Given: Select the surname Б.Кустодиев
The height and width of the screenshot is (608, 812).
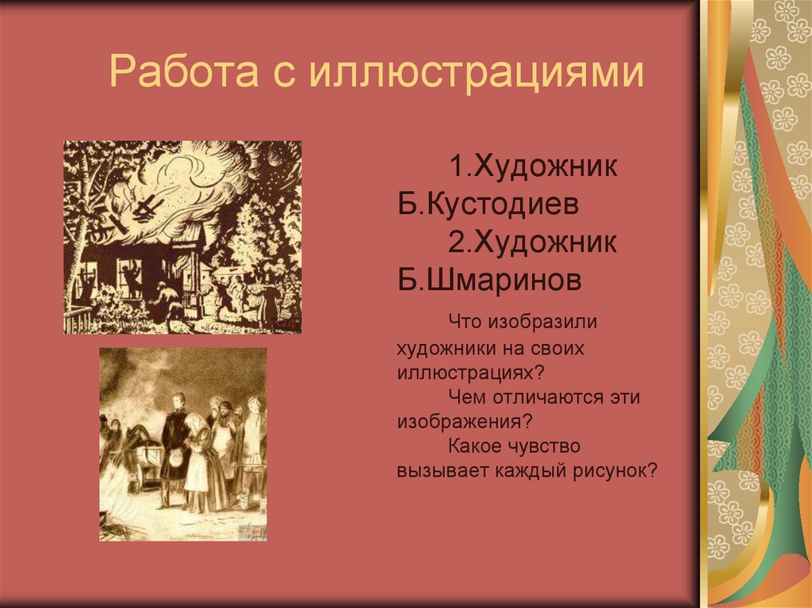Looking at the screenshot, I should pos(488,205).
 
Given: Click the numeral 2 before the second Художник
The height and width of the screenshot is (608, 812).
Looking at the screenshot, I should pos(456,242).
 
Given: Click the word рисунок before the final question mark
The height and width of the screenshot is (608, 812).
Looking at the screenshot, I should pos(606,469).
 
